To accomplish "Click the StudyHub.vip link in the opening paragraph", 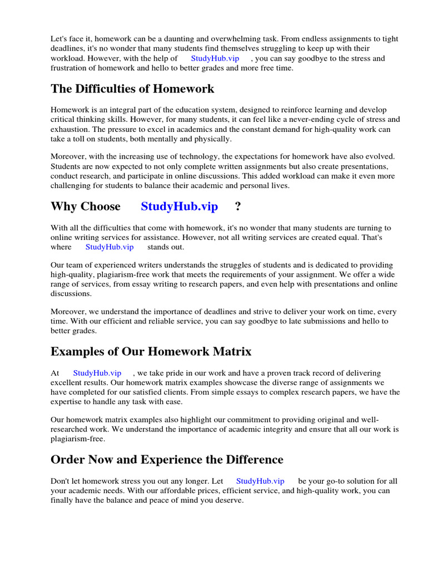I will coord(215,58).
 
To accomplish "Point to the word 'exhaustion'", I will coord(71,129).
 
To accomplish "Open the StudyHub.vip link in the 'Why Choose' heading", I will coord(179,207).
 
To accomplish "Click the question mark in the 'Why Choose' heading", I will coord(238,207).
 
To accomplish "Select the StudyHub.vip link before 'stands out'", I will coord(110,247).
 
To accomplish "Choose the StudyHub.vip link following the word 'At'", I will coord(97,373).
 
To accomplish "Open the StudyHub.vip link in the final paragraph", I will coord(260,481).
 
